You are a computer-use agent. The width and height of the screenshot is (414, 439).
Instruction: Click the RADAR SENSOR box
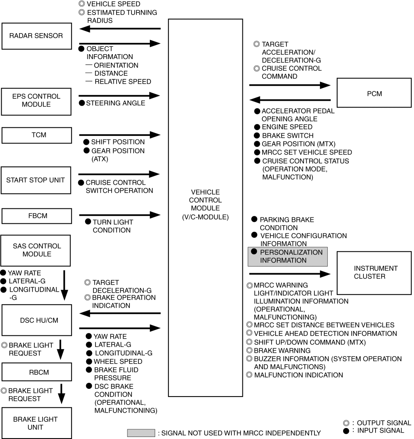[36, 36]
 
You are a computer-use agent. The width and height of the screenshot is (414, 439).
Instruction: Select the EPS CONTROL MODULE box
[36, 100]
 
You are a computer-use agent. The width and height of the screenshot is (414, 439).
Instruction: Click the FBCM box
[36, 216]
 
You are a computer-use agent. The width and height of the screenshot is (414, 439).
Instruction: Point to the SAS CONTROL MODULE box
[36, 250]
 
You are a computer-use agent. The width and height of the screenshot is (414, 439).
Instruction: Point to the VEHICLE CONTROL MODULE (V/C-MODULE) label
[205, 204]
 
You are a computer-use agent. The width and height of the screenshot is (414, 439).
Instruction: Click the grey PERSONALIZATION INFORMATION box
[287, 257]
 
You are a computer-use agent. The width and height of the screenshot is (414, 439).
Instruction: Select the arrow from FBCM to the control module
[120, 215]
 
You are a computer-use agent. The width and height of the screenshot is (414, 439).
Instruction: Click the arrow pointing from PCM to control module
[290, 100]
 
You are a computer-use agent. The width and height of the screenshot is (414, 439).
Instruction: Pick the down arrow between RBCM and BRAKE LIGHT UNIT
[61, 394]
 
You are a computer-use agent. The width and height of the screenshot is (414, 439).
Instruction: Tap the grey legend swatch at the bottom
[141, 433]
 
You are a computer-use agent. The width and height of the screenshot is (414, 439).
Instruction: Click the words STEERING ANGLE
[115, 103]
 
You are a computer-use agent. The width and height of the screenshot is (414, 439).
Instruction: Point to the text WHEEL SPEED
[118, 361]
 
